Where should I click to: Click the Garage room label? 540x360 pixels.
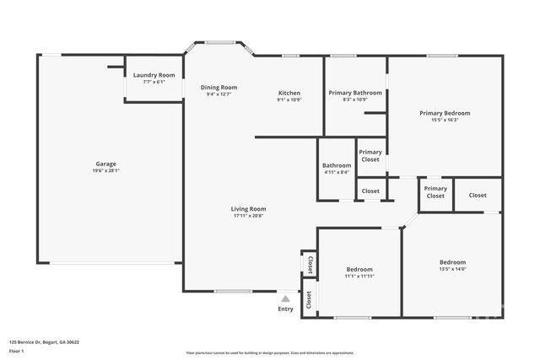click(x=105, y=164)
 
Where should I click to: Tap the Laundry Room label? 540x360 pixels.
click(x=154, y=75)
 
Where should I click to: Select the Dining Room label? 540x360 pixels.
click(x=219, y=87)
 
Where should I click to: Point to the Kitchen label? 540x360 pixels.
click(x=289, y=93)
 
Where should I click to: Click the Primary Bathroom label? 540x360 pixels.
click(x=355, y=93)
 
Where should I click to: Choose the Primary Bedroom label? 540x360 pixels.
click(x=445, y=112)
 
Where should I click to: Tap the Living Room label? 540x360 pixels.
click(x=249, y=209)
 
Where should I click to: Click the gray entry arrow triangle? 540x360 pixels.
click(x=286, y=298)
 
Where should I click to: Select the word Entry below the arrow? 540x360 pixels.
click(x=286, y=309)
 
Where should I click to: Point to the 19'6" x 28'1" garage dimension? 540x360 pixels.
click(x=105, y=171)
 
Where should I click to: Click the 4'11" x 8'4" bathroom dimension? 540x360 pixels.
click(x=337, y=172)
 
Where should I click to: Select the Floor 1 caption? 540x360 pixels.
click(x=17, y=351)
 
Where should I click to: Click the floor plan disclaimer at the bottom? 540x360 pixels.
click(x=270, y=353)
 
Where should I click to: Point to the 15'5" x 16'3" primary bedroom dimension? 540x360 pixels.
click(x=445, y=120)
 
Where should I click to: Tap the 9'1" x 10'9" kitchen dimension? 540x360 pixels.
click(x=289, y=100)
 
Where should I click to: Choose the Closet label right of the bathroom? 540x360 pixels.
click(x=370, y=191)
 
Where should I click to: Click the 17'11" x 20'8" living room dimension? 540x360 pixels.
click(x=249, y=217)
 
